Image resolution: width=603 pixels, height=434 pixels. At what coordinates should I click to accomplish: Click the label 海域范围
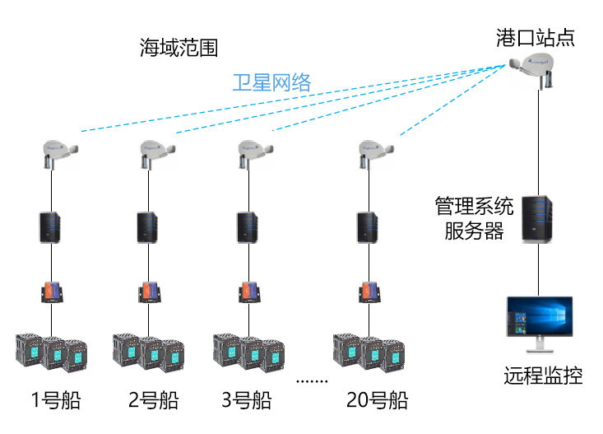[x=179, y=48]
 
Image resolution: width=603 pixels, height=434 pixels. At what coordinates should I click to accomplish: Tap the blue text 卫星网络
[x=271, y=82]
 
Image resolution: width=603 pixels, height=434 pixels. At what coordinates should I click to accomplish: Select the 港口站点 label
[x=536, y=37]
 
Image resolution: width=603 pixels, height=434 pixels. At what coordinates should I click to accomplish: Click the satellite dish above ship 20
[x=376, y=151]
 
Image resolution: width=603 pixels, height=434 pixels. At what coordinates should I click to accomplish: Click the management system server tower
[x=536, y=217]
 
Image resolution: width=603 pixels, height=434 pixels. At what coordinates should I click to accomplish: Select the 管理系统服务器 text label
[x=474, y=216]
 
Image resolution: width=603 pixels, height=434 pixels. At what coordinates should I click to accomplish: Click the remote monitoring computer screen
[x=538, y=324]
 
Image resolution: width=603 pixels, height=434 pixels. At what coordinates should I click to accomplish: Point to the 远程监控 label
[x=543, y=377]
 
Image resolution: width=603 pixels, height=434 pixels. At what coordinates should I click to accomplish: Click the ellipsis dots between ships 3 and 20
[x=312, y=381]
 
